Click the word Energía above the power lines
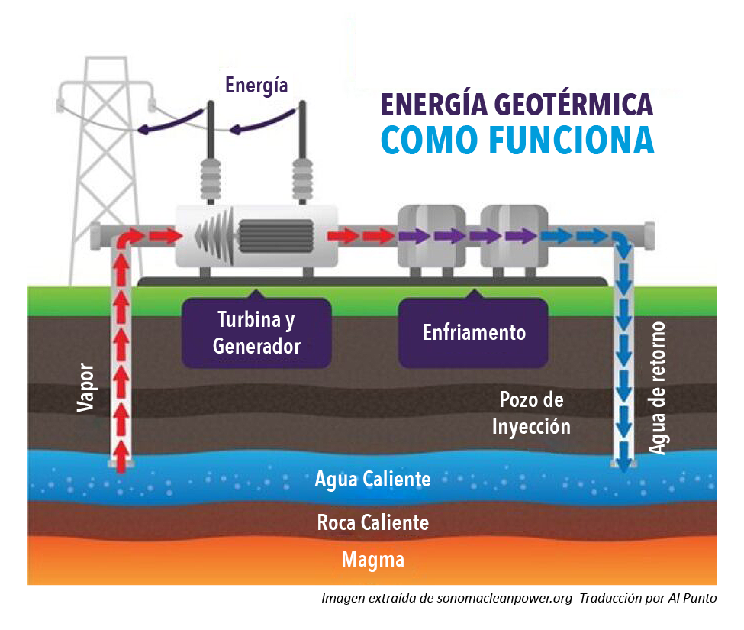256,85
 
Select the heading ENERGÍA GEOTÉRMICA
517,104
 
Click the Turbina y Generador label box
256,333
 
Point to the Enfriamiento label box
473,333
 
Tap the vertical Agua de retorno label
657,388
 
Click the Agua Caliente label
372,480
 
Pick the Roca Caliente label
372,522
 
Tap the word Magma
372,560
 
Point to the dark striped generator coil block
276,235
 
